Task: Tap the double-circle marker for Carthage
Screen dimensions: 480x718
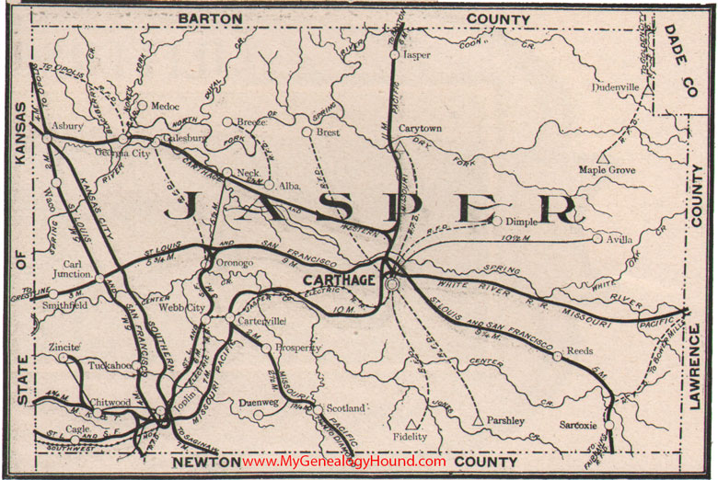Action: point(393,286)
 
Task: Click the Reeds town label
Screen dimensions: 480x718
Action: point(580,351)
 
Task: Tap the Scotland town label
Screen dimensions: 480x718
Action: point(344,406)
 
